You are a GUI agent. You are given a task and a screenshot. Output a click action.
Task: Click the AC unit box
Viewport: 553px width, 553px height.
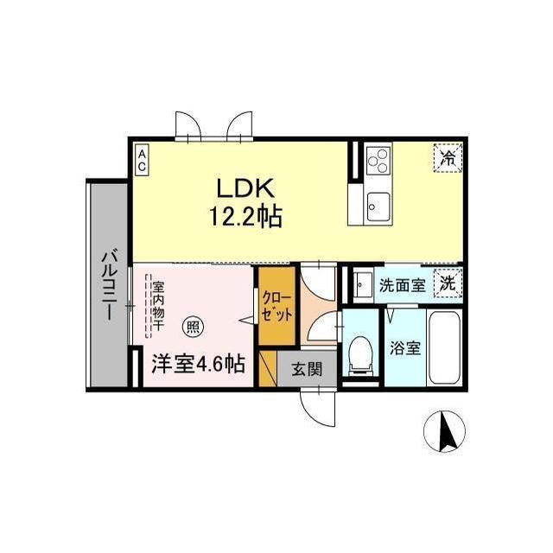[142, 160]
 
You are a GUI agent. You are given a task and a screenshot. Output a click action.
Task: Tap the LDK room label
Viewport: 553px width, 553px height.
[245, 188]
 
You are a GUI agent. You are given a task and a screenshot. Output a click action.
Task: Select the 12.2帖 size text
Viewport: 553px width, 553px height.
[245, 216]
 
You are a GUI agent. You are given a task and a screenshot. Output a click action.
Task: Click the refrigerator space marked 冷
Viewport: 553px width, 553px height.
[448, 157]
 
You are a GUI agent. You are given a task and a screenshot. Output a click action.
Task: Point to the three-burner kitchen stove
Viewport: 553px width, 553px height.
[378, 160]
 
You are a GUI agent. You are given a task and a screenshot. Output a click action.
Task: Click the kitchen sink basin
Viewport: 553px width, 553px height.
[378, 207]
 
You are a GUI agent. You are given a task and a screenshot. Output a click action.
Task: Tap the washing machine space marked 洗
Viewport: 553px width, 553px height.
[448, 283]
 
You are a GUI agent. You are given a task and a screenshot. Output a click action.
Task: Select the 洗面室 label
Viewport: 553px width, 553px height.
[403, 285]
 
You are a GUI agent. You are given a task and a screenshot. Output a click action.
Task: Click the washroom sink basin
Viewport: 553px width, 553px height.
[363, 284]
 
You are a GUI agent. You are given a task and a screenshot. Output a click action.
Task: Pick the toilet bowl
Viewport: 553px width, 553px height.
[360, 353]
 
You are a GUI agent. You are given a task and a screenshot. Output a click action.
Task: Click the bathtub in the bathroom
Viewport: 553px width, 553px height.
[445, 347]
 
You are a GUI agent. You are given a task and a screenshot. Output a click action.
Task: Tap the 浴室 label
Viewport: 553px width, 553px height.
[405, 348]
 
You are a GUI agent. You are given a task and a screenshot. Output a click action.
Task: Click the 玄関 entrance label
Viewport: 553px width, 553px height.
[307, 369]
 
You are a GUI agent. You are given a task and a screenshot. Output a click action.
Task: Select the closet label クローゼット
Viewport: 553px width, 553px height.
[276, 306]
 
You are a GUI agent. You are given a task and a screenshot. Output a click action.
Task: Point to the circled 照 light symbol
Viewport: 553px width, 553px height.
[193, 327]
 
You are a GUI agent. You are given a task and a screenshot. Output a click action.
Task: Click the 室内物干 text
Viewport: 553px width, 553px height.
[157, 306]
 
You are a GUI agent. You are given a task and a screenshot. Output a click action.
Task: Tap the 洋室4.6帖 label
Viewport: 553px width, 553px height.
[198, 364]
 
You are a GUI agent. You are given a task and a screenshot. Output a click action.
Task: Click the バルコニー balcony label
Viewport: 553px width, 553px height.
[110, 284]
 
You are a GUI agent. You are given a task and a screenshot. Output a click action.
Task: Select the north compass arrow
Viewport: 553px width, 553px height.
[445, 431]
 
